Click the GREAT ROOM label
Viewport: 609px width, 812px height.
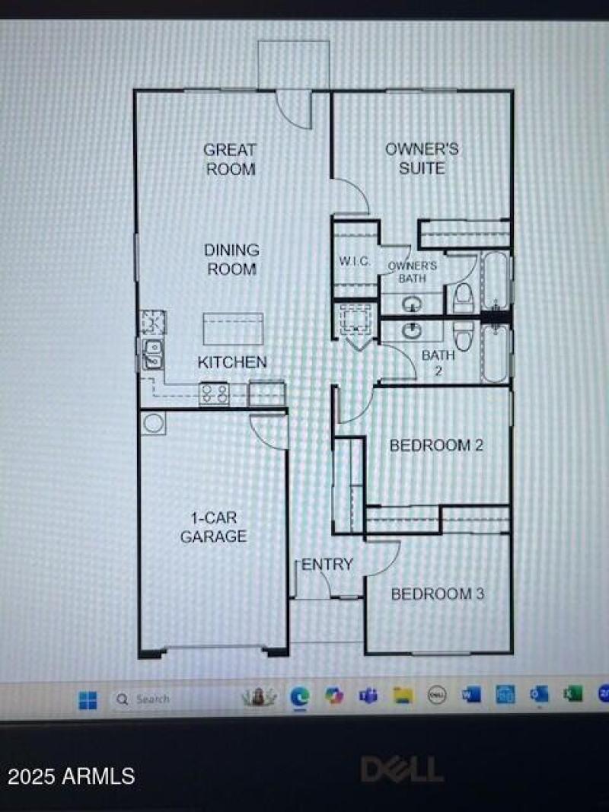click(230, 159)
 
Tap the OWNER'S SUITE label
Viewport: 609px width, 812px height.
click(422, 158)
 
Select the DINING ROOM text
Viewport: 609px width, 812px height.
click(231, 260)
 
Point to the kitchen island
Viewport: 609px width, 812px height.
click(233, 329)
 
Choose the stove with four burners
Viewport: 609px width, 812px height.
click(215, 393)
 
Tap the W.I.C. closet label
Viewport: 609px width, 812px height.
click(355, 262)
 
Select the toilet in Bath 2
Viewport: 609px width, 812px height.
click(463, 335)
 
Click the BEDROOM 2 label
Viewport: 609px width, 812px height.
click(436, 445)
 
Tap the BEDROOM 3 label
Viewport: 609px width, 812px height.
click(437, 594)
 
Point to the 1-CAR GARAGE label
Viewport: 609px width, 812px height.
click(213, 527)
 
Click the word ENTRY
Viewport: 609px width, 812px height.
click(327, 565)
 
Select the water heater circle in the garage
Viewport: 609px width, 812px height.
click(154, 423)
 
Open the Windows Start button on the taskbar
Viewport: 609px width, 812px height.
click(88, 699)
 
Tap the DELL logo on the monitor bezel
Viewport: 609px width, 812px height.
click(401, 769)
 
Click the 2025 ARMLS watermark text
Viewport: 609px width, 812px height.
click(72, 776)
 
